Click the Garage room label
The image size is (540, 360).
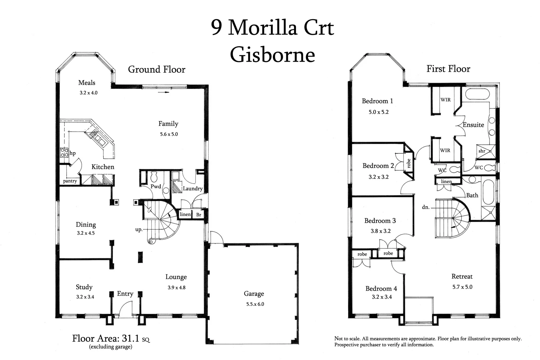[x=254, y=294]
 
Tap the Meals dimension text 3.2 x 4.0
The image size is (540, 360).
[x=88, y=93]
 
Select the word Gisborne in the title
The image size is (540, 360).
[x=272, y=55]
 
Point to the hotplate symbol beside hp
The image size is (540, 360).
[x=64, y=153]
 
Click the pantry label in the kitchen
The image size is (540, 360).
[x=70, y=181]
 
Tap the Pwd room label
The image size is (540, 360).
[x=156, y=187]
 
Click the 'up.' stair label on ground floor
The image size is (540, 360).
[x=139, y=230]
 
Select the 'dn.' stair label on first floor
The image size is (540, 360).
[x=425, y=207]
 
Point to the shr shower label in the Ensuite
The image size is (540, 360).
[x=482, y=151]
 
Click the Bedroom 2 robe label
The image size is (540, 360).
[x=409, y=163]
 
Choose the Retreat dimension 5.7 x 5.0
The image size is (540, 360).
[x=462, y=287]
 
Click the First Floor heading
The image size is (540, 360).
[x=448, y=69]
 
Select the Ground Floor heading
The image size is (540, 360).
[x=156, y=70]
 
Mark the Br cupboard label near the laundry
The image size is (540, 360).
[x=199, y=215]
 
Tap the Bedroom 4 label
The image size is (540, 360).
[x=381, y=289]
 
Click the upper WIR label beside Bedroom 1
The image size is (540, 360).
[x=445, y=100]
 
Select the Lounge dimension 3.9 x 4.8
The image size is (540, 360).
[x=176, y=288]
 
